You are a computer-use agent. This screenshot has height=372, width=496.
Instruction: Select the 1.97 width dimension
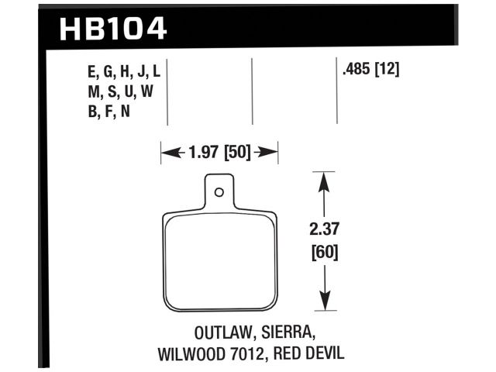click(x=204, y=153)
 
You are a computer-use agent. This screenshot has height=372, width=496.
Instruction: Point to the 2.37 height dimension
click(x=325, y=230)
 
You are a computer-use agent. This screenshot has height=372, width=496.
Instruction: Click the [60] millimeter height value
click(x=325, y=252)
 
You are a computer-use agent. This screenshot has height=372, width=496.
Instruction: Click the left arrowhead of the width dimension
click(x=167, y=153)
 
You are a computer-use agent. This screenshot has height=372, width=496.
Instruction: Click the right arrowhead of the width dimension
click(x=270, y=153)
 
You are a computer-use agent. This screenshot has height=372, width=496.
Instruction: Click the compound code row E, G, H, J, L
click(x=124, y=72)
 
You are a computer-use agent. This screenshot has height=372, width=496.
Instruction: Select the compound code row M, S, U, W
click(x=121, y=92)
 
